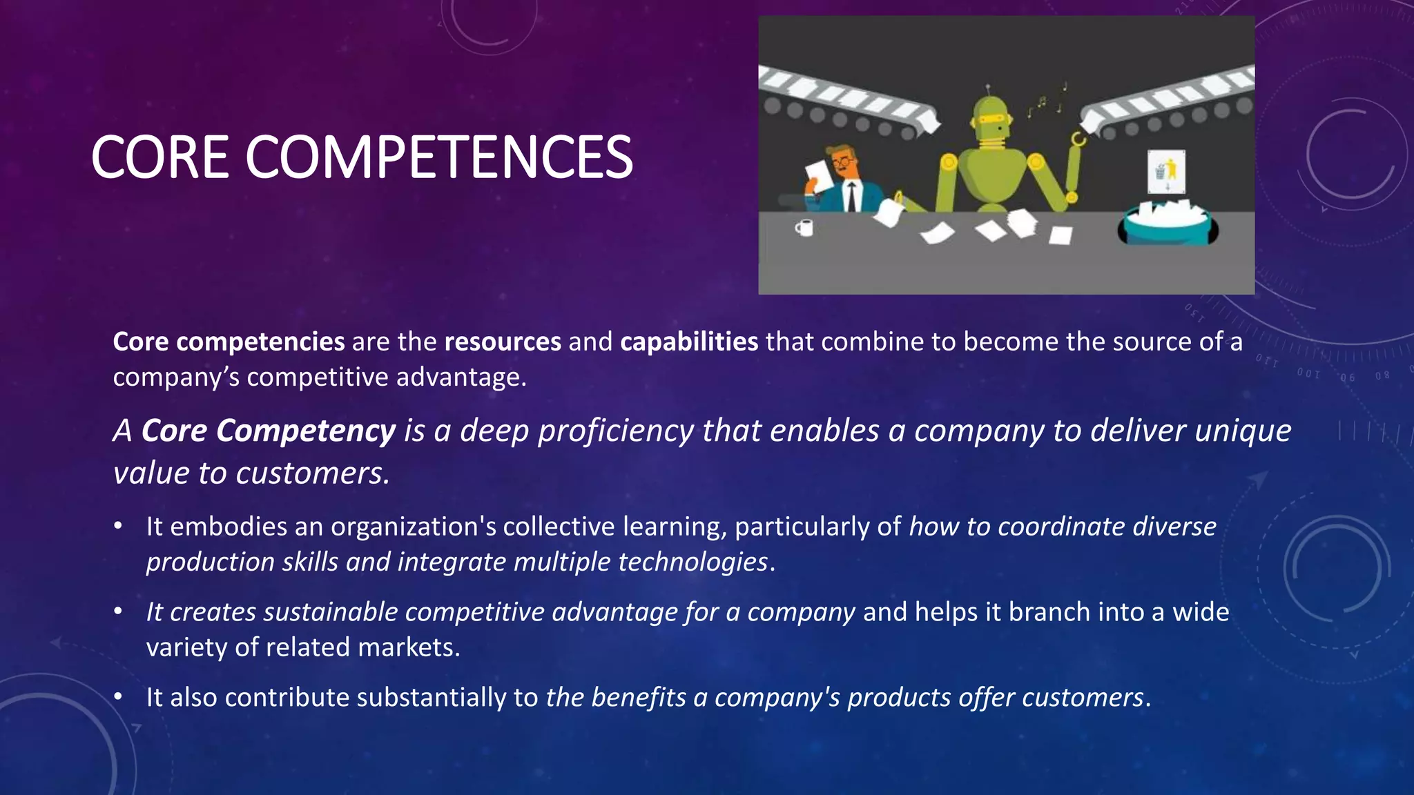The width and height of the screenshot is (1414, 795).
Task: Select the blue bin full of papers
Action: pyautogui.click(x=1167, y=224)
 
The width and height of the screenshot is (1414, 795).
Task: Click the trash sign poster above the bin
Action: pyautogui.click(x=1166, y=171)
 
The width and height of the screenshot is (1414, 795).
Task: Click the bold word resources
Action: pyautogui.click(x=503, y=342)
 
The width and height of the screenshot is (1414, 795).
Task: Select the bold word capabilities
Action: pyautogui.click(x=689, y=342)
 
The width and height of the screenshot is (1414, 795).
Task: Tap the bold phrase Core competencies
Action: pyautogui.click(x=229, y=342)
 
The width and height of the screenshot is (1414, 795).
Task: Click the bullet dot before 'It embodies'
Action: pyautogui.click(x=119, y=527)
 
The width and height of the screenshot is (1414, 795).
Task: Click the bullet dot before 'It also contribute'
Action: pyautogui.click(x=119, y=697)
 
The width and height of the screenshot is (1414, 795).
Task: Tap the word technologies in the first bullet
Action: pyautogui.click(x=693, y=562)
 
